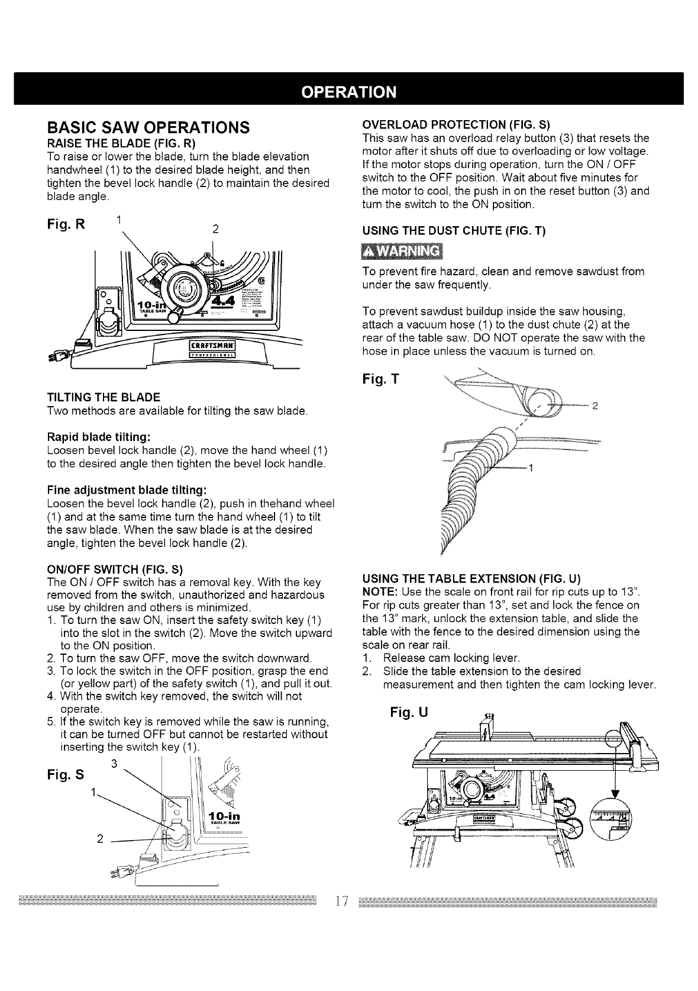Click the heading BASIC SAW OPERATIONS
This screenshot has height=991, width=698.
point(148,127)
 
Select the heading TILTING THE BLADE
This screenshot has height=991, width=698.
point(103,396)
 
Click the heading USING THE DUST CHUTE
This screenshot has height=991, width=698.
point(453,231)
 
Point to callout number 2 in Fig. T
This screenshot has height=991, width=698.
point(595,406)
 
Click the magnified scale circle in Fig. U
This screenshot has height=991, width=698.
point(611,823)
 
